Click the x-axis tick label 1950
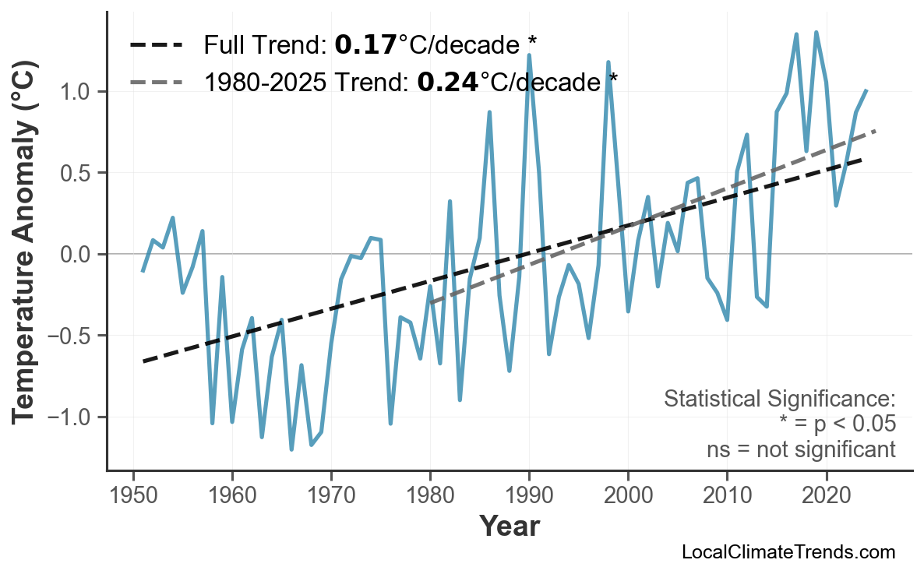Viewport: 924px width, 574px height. point(133,495)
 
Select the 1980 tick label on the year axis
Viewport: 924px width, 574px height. point(430,495)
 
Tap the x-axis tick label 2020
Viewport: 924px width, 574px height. point(826,495)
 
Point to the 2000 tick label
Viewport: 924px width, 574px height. point(628,495)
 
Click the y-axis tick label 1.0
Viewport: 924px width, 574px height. point(77,92)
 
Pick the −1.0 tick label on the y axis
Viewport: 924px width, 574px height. point(71,417)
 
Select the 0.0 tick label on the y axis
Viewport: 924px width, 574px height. point(77,255)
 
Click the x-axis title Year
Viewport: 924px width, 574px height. point(509,527)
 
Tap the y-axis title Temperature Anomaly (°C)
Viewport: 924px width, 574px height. point(26,255)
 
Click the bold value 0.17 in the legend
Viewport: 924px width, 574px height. point(365,45)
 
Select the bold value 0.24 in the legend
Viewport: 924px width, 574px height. point(448,81)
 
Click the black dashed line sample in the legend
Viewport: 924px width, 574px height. point(157,45)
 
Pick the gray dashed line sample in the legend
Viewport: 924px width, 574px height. point(157,81)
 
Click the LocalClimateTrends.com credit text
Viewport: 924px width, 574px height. point(788,553)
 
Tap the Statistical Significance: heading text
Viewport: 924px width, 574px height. point(779,400)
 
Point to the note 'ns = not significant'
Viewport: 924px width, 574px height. point(801,449)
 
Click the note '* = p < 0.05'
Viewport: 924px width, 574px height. point(837,424)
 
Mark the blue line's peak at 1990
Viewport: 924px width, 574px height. point(529,55)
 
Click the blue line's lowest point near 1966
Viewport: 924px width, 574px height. point(291,449)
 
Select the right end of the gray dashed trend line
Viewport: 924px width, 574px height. point(876,131)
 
